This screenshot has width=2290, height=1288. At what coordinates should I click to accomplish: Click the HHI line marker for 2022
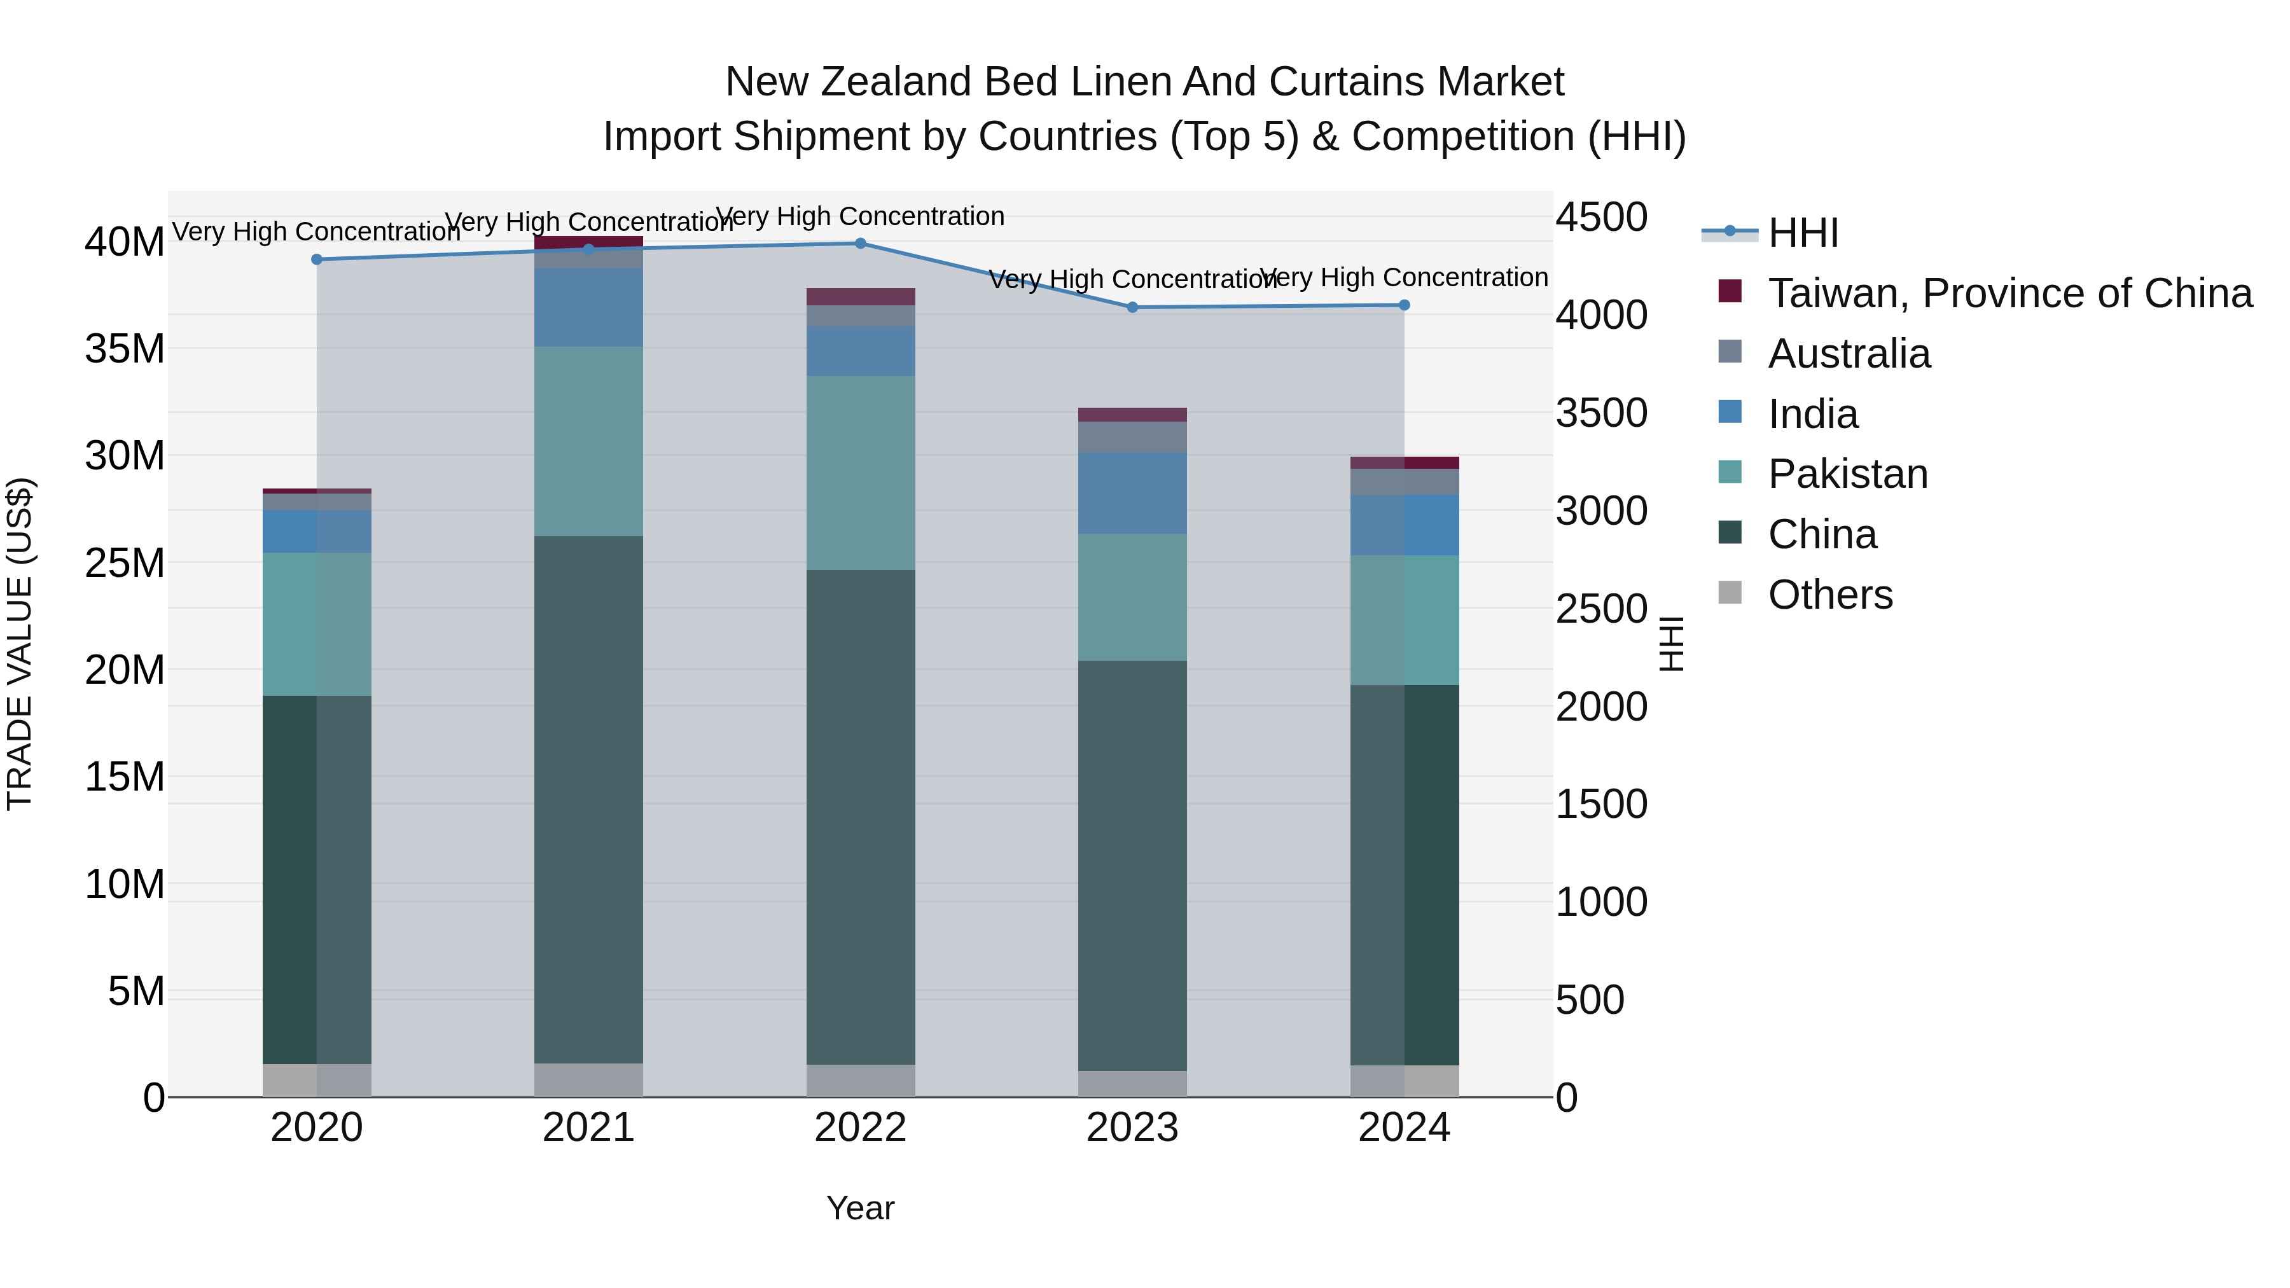(x=859, y=244)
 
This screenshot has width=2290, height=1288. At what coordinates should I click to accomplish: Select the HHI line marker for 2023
(x=1132, y=308)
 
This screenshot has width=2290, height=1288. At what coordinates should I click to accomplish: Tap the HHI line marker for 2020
(x=317, y=260)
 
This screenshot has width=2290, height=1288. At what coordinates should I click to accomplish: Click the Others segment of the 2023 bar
(x=1132, y=1084)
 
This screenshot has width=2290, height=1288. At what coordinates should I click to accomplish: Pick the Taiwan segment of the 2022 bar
(x=859, y=297)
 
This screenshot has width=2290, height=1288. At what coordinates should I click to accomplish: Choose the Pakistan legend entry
(x=1847, y=474)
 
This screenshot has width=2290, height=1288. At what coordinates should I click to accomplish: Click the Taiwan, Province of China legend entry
(x=2009, y=293)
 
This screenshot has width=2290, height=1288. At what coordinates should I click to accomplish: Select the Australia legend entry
(x=1849, y=354)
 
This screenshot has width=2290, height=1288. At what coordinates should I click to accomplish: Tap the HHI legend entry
(x=1803, y=233)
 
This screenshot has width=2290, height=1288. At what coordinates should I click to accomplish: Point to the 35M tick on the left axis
(x=125, y=349)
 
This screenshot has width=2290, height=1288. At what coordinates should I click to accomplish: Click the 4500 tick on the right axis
(x=1601, y=217)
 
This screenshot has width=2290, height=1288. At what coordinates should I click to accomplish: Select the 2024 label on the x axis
(x=1404, y=1128)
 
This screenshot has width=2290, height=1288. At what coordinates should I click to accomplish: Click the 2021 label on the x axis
(x=588, y=1128)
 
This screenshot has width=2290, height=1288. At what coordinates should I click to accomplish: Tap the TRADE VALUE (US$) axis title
(x=20, y=644)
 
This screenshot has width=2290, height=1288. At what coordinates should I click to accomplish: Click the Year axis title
(x=859, y=1208)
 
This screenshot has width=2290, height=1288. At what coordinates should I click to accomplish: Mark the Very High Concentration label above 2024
(x=1404, y=277)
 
